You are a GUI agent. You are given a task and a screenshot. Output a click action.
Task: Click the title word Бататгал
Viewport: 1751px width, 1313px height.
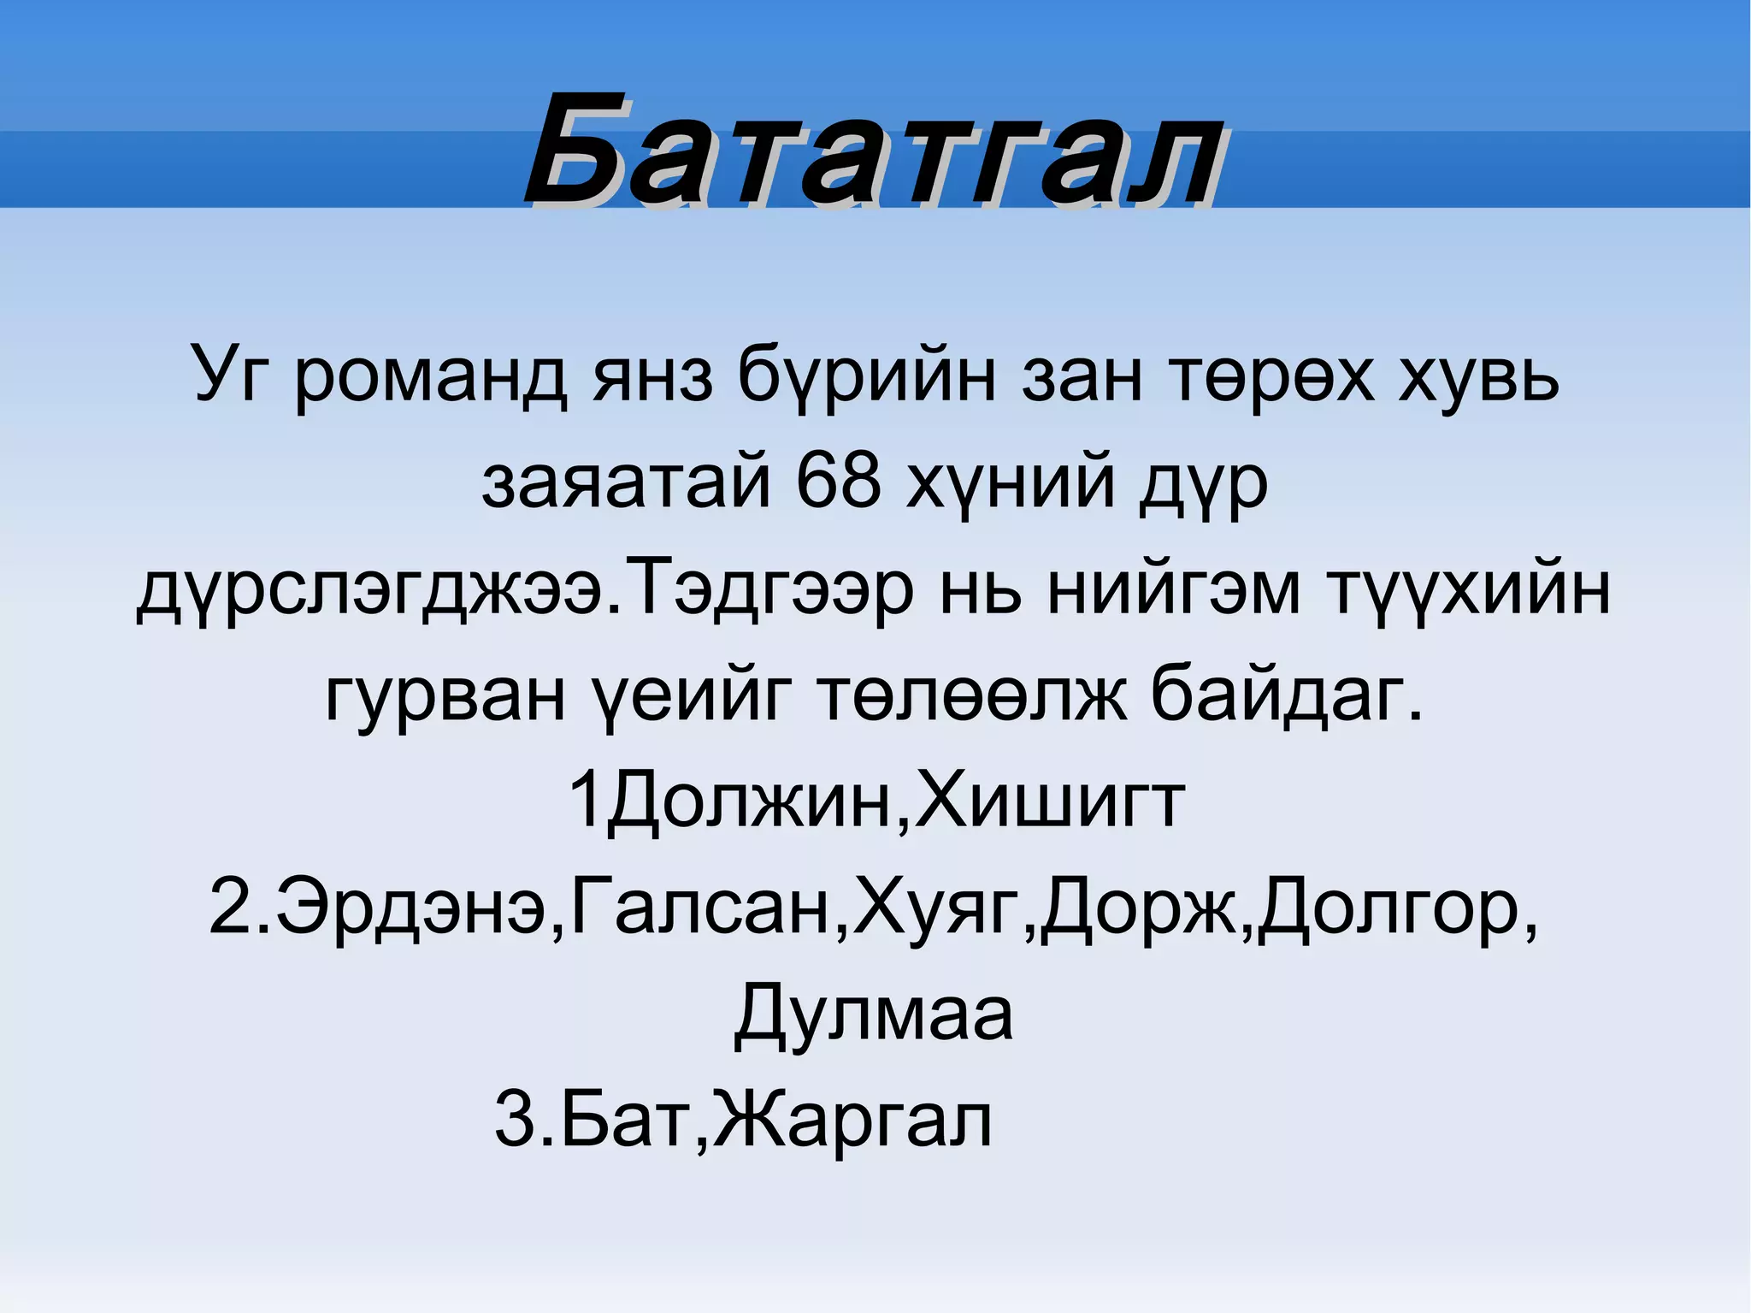pos(874,152)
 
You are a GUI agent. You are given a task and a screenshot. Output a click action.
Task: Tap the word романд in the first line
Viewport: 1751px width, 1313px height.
pos(430,376)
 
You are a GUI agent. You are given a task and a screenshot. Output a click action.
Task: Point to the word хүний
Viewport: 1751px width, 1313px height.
pos(1011,483)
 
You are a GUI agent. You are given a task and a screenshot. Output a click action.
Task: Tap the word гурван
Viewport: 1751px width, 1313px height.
pos(445,695)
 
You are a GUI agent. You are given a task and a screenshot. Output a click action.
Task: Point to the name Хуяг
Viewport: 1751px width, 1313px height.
pos(940,908)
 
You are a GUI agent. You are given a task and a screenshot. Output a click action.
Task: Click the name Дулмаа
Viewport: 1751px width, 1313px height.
pos(874,1014)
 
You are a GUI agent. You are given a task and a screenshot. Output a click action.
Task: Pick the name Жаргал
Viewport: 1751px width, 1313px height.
pos(852,1121)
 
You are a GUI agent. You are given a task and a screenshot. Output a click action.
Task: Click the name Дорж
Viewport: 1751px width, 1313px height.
pos(1139,908)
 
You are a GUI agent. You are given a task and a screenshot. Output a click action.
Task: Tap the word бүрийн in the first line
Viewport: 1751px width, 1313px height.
pos(865,376)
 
